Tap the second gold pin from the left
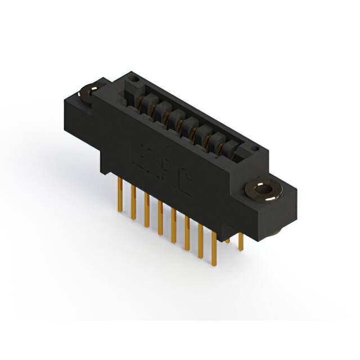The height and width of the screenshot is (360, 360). (133, 202)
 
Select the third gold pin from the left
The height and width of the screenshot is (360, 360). (147, 210)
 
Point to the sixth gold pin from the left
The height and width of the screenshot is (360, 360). (187, 234)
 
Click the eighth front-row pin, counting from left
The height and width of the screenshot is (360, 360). (214, 250)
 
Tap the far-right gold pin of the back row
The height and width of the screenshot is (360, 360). (241, 242)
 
